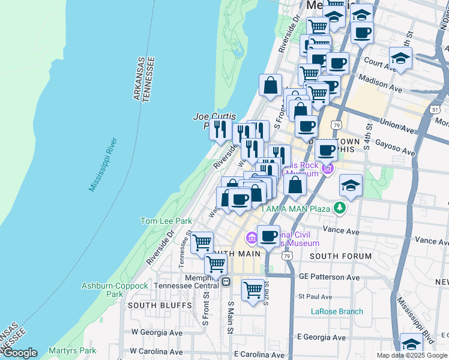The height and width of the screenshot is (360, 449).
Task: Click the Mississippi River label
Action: (103, 165)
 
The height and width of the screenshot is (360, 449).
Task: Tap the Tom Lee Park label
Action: (166, 221)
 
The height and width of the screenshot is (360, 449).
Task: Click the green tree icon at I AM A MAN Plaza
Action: (340, 208)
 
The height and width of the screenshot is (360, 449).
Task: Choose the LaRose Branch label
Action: (337, 311)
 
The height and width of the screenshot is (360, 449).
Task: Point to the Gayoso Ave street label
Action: (394, 147)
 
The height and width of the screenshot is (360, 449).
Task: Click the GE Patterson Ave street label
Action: (329, 278)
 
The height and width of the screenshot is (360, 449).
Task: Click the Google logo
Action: (20, 353)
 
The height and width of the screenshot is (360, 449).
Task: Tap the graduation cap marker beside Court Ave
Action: (400, 58)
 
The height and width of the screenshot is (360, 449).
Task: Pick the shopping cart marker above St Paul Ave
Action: (253, 290)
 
